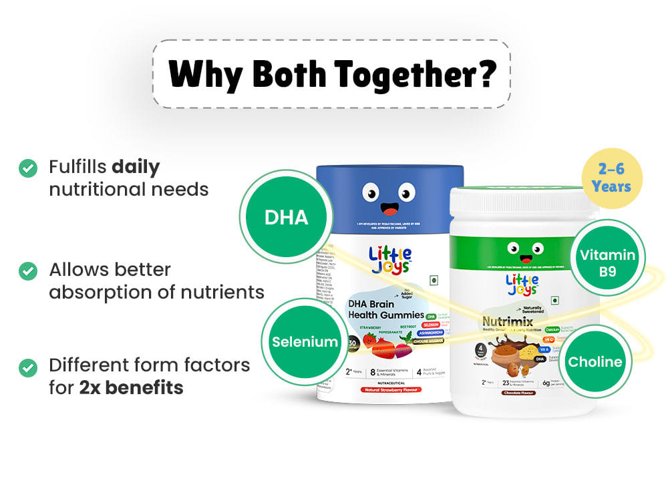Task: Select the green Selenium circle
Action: coord(304,342)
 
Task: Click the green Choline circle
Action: coord(595,362)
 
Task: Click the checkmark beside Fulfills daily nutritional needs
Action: coord(27,168)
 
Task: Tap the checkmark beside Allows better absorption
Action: coord(27,271)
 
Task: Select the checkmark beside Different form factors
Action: coord(27,367)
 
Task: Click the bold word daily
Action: coord(136,166)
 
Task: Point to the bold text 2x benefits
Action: coord(131,387)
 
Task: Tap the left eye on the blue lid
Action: coord(371,193)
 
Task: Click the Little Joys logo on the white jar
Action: coord(521,286)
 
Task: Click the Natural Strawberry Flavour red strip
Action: coord(390,389)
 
